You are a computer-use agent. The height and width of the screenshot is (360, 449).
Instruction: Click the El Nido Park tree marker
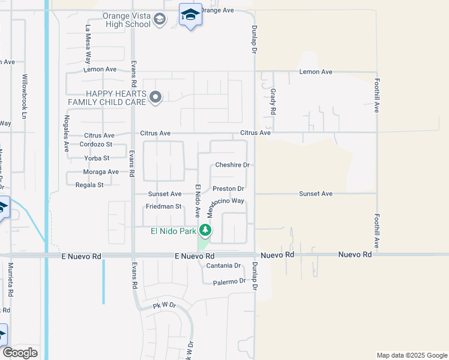[x=205, y=230]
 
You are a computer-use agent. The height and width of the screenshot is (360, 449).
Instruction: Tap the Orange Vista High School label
[x=127, y=20]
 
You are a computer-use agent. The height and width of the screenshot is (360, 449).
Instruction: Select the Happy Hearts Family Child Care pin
[x=155, y=97]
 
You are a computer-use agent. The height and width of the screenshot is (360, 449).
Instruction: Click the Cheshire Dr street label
[x=232, y=165]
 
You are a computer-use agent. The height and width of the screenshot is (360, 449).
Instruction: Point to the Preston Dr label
[x=228, y=189]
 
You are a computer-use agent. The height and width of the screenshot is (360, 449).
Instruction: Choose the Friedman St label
[x=163, y=206]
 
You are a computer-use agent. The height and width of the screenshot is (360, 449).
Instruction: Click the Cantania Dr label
[x=223, y=265]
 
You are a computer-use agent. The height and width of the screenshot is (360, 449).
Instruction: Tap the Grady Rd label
[x=273, y=102]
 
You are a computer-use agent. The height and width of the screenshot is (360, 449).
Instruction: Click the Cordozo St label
[x=95, y=145]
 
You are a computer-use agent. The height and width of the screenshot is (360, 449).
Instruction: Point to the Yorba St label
[x=97, y=158]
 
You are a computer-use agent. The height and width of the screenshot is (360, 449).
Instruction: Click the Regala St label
[x=88, y=185]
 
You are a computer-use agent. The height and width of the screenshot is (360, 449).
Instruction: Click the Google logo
[x=20, y=353]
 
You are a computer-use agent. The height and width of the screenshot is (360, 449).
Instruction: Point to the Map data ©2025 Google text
[x=411, y=355]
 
